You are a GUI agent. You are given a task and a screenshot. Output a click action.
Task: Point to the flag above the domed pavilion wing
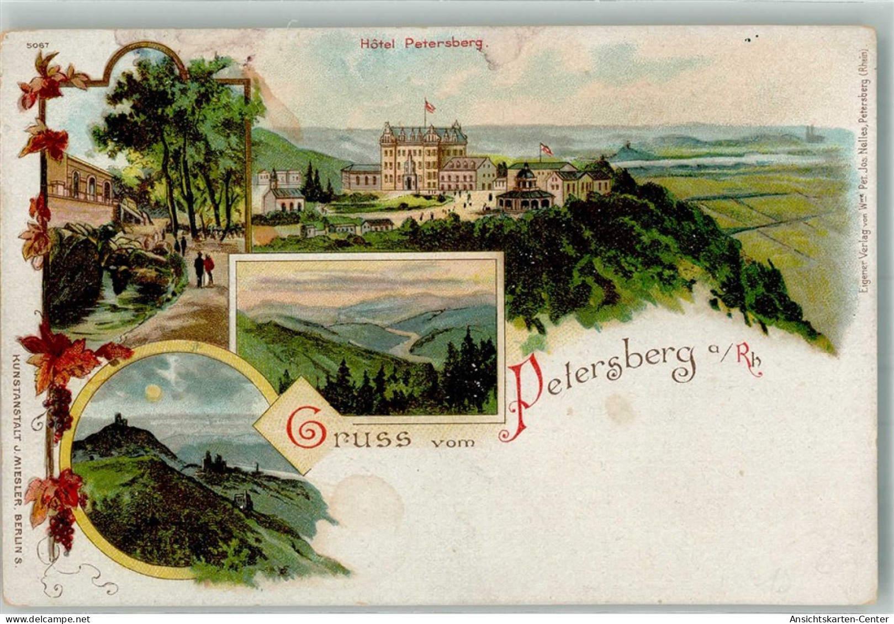point(546,148)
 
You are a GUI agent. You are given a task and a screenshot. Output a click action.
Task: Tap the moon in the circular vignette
point(154,393)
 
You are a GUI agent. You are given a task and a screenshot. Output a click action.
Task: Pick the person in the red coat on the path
point(209,269)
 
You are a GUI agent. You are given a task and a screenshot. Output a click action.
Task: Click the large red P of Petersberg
point(525,397)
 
